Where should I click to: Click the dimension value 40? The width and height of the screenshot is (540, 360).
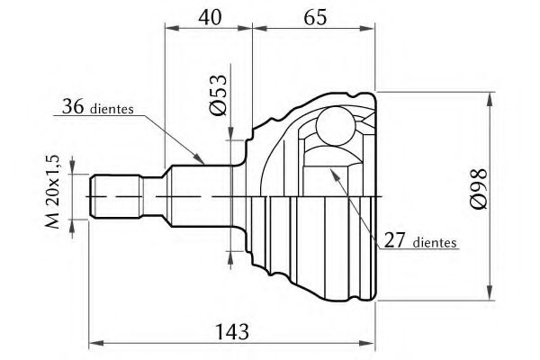[210, 17]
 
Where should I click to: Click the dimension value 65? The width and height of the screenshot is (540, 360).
[315, 17]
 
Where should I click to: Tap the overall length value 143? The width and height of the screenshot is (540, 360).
[232, 332]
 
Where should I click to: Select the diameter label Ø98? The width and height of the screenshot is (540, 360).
[479, 189]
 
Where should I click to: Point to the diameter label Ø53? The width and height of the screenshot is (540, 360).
[219, 94]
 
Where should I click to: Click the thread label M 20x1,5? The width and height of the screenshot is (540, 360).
[52, 192]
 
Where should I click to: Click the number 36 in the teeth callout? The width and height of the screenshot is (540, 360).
[73, 106]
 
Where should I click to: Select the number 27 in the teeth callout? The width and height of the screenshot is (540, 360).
[394, 240]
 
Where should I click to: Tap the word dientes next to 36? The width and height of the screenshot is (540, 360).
[112, 109]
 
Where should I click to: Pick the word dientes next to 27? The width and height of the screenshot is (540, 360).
[435, 242]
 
